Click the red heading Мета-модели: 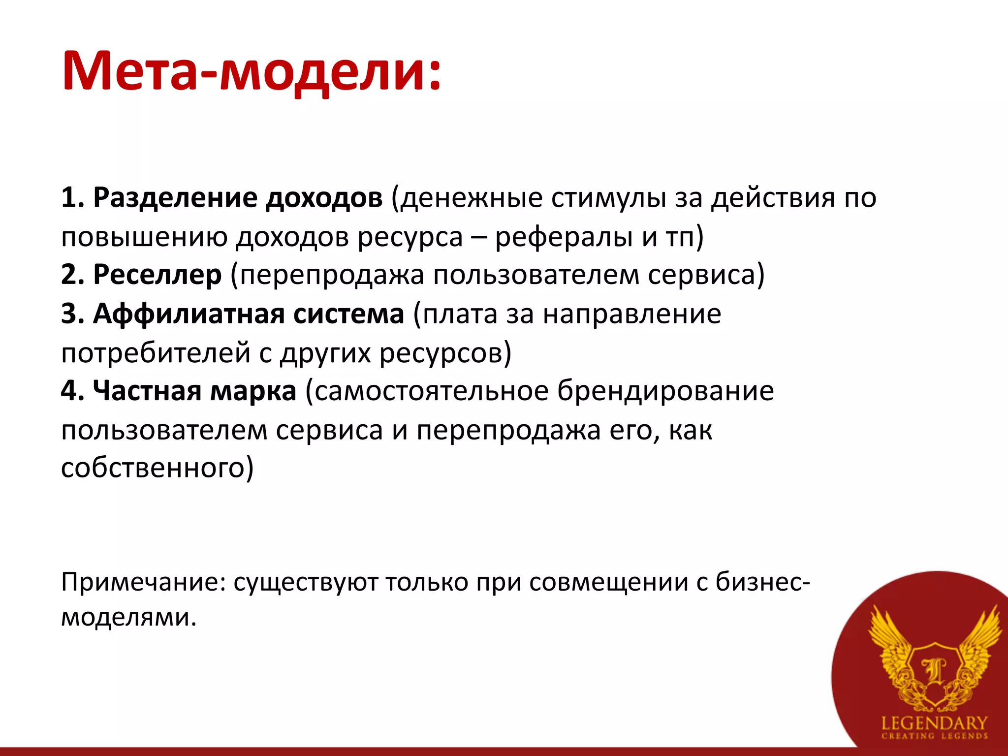tap(251, 71)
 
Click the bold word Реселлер tap(157, 275)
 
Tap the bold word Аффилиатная tap(189, 314)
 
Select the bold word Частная tap(146, 391)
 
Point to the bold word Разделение tap(175, 198)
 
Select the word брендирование tap(665, 391)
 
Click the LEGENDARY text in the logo tap(934, 724)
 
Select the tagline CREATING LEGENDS tap(934, 736)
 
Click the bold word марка tap(253, 391)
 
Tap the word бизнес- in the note tap(762, 582)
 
